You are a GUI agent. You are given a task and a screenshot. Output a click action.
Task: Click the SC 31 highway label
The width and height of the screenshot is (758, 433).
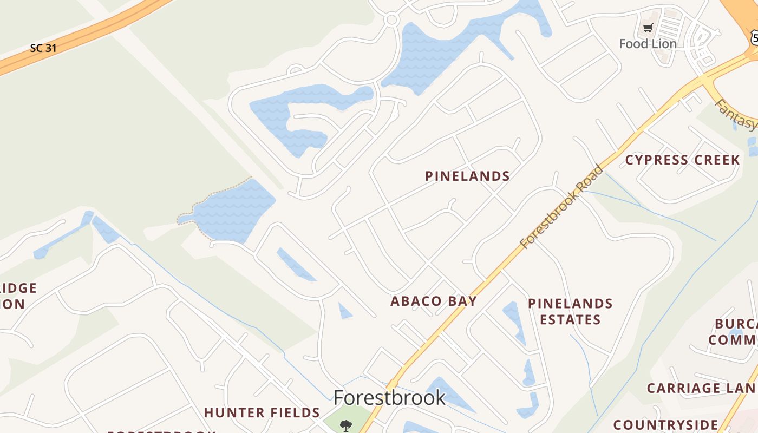pyautogui.click(x=43, y=48)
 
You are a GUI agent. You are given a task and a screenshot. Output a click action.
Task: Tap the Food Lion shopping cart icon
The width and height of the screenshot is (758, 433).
pyautogui.click(x=648, y=28)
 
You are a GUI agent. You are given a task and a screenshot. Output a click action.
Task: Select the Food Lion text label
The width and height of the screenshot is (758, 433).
pyautogui.click(x=648, y=44)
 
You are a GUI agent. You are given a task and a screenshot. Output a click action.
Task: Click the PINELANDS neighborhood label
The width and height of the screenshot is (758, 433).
pyautogui.click(x=467, y=176)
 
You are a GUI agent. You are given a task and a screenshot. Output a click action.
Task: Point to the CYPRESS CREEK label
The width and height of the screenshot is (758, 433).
pyautogui.click(x=682, y=160)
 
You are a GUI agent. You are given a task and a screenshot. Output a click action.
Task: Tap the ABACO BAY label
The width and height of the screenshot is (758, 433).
pyautogui.click(x=433, y=301)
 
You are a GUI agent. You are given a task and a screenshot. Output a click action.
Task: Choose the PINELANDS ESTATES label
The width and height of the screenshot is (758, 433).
pyautogui.click(x=570, y=311)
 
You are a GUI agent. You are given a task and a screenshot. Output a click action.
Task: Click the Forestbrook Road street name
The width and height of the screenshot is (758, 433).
pyautogui.click(x=561, y=207)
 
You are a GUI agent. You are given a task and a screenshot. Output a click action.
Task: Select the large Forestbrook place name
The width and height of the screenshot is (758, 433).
pyautogui.click(x=389, y=398)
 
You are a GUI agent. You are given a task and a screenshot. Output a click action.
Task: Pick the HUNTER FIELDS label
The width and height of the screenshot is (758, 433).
pyautogui.click(x=262, y=412)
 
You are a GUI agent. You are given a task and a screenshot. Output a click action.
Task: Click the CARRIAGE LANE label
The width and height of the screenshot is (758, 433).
pyautogui.click(x=702, y=388)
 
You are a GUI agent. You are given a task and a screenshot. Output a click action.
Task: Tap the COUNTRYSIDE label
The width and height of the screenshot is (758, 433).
pyautogui.click(x=666, y=425)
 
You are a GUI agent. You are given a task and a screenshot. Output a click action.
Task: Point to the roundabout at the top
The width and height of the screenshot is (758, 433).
pyautogui.click(x=392, y=20)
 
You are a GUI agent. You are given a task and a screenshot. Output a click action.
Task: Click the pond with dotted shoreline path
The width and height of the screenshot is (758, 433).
pyautogui.click(x=233, y=211)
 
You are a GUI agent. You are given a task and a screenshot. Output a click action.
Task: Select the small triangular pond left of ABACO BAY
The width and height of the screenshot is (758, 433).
pyautogui.click(x=344, y=311)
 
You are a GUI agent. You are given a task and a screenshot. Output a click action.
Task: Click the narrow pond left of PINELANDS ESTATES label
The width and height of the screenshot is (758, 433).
pyautogui.click(x=515, y=322)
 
